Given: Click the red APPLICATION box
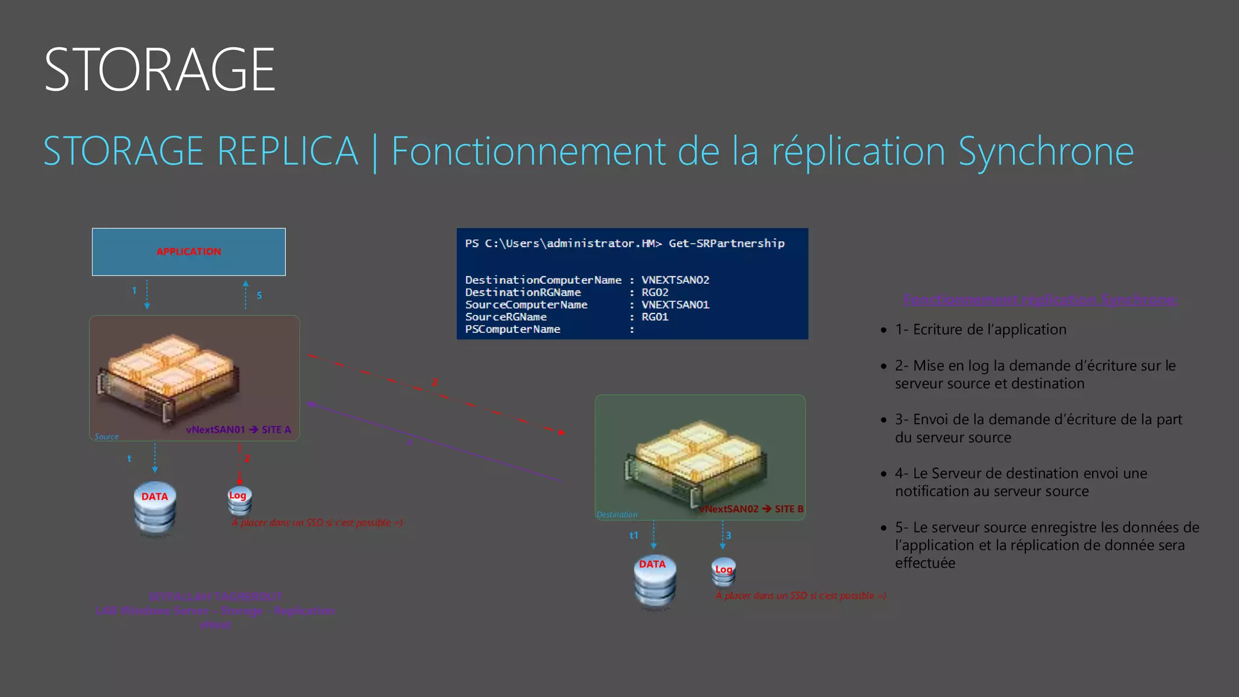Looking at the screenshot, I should pos(189,252).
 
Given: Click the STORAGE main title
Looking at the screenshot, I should pos(160,70).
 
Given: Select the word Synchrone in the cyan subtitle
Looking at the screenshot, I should pos(1046,151).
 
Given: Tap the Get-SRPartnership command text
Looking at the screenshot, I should pos(727,243).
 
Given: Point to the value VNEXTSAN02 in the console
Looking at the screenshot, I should pos(675,280).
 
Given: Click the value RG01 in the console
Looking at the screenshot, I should pos(655,317).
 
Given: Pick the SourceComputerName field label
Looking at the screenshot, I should pos(526,305).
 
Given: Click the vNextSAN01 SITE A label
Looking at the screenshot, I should pos(238,430).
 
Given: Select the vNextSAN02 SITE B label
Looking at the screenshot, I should pos(751,509).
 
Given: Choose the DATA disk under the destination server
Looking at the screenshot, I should pos(654,579).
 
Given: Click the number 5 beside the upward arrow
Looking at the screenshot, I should pos(259,295).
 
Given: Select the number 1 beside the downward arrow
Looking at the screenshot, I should pos(134,290).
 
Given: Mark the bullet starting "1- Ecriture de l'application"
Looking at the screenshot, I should pos(980,330).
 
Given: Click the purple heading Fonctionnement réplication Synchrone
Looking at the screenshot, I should pos(1041,300).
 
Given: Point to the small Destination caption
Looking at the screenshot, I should pos(616,515).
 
